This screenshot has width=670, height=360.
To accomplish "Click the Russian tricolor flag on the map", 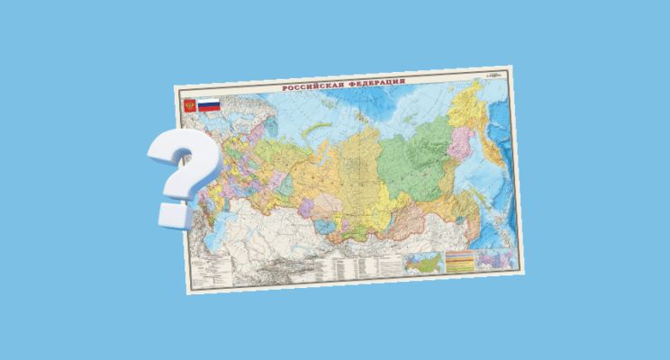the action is (x=209, y=105).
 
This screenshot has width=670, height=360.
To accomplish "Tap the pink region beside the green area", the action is (x=467, y=144).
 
